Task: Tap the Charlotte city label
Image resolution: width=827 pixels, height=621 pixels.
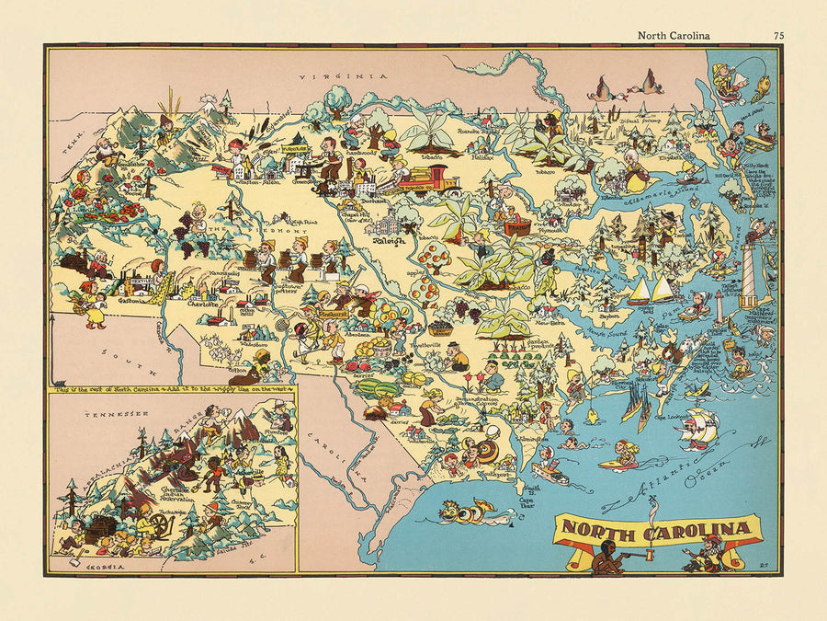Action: (x=203, y=303)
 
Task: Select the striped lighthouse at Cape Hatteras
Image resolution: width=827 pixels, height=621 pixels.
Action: (x=750, y=276)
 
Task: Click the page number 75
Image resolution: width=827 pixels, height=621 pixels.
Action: (x=778, y=36)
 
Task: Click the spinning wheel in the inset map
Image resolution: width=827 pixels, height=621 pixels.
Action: (x=162, y=525)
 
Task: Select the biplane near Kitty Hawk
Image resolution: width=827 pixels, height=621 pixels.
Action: (x=759, y=144)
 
